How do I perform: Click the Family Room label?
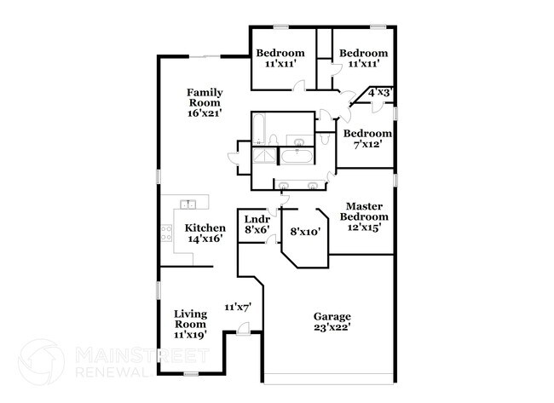[x=205, y=97]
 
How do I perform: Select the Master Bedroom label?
[x=368, y=212]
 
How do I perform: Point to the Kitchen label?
[x=205, y=227]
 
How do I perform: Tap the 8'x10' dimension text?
[x=305, y=231]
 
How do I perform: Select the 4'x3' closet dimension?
[x=379, y=92]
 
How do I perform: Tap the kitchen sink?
[x=188, y=204]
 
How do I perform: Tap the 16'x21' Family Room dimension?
[x=205, y=112]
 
